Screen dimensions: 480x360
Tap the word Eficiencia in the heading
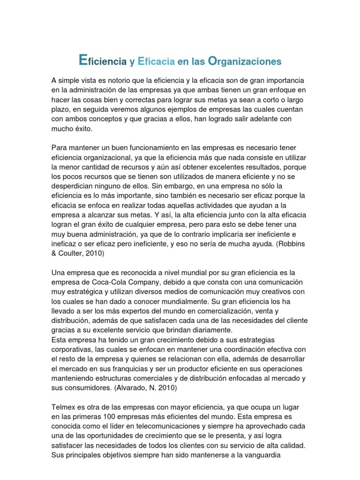[x=103, y=61]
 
